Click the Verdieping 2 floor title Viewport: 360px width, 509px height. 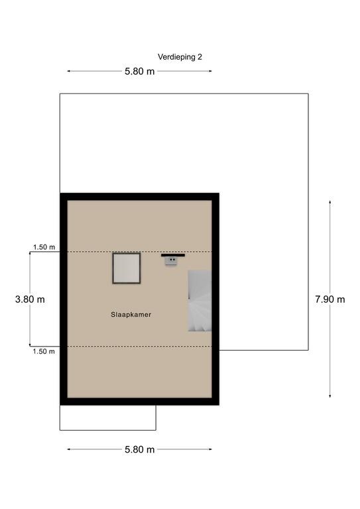point(180,57)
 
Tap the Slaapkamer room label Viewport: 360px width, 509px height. point(131,315)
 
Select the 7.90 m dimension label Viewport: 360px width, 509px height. point(330,300)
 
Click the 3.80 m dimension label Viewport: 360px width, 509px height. point(30,300)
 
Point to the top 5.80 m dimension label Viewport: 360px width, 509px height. point(140,72)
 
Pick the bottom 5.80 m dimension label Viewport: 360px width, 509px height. point(140,449)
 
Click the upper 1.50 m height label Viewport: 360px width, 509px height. point(44,247)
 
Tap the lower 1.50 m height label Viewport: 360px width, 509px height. point(44,351)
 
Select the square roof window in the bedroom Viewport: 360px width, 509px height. point(127,268)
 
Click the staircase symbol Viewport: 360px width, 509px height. point(200,301)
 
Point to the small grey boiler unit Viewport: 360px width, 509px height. point(171,261)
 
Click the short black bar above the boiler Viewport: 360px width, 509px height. point(173,255)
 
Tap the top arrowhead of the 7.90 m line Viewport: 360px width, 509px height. point(330,201)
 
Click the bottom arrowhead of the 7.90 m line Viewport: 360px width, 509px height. point(330,396)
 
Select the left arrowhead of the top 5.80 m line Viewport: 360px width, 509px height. point(68,71)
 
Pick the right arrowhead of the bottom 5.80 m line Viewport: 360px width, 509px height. point(210,449)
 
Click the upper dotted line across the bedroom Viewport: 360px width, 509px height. point(140,252)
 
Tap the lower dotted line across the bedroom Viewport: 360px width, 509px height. point(140,347)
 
